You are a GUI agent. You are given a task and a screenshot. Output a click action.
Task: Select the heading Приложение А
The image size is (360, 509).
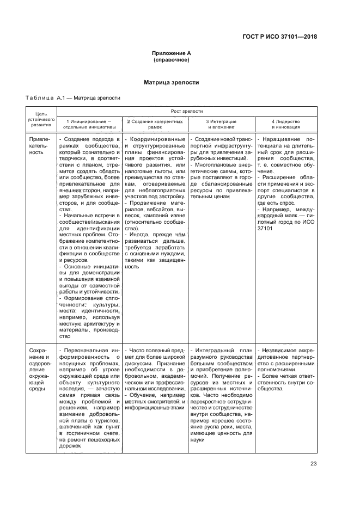(171, 53)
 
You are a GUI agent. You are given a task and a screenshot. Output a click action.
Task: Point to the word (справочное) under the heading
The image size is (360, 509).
(171, 60)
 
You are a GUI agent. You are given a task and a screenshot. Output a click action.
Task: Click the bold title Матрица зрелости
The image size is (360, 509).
(171, 83)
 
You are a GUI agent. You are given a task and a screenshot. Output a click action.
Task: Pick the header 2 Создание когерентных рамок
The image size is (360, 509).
(155, 124)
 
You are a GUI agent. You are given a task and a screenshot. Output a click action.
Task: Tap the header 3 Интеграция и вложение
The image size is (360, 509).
(220, 124)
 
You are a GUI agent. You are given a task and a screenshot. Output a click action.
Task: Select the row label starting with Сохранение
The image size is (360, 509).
(39, 369)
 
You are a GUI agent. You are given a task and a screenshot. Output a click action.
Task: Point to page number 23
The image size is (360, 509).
(313, 463)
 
